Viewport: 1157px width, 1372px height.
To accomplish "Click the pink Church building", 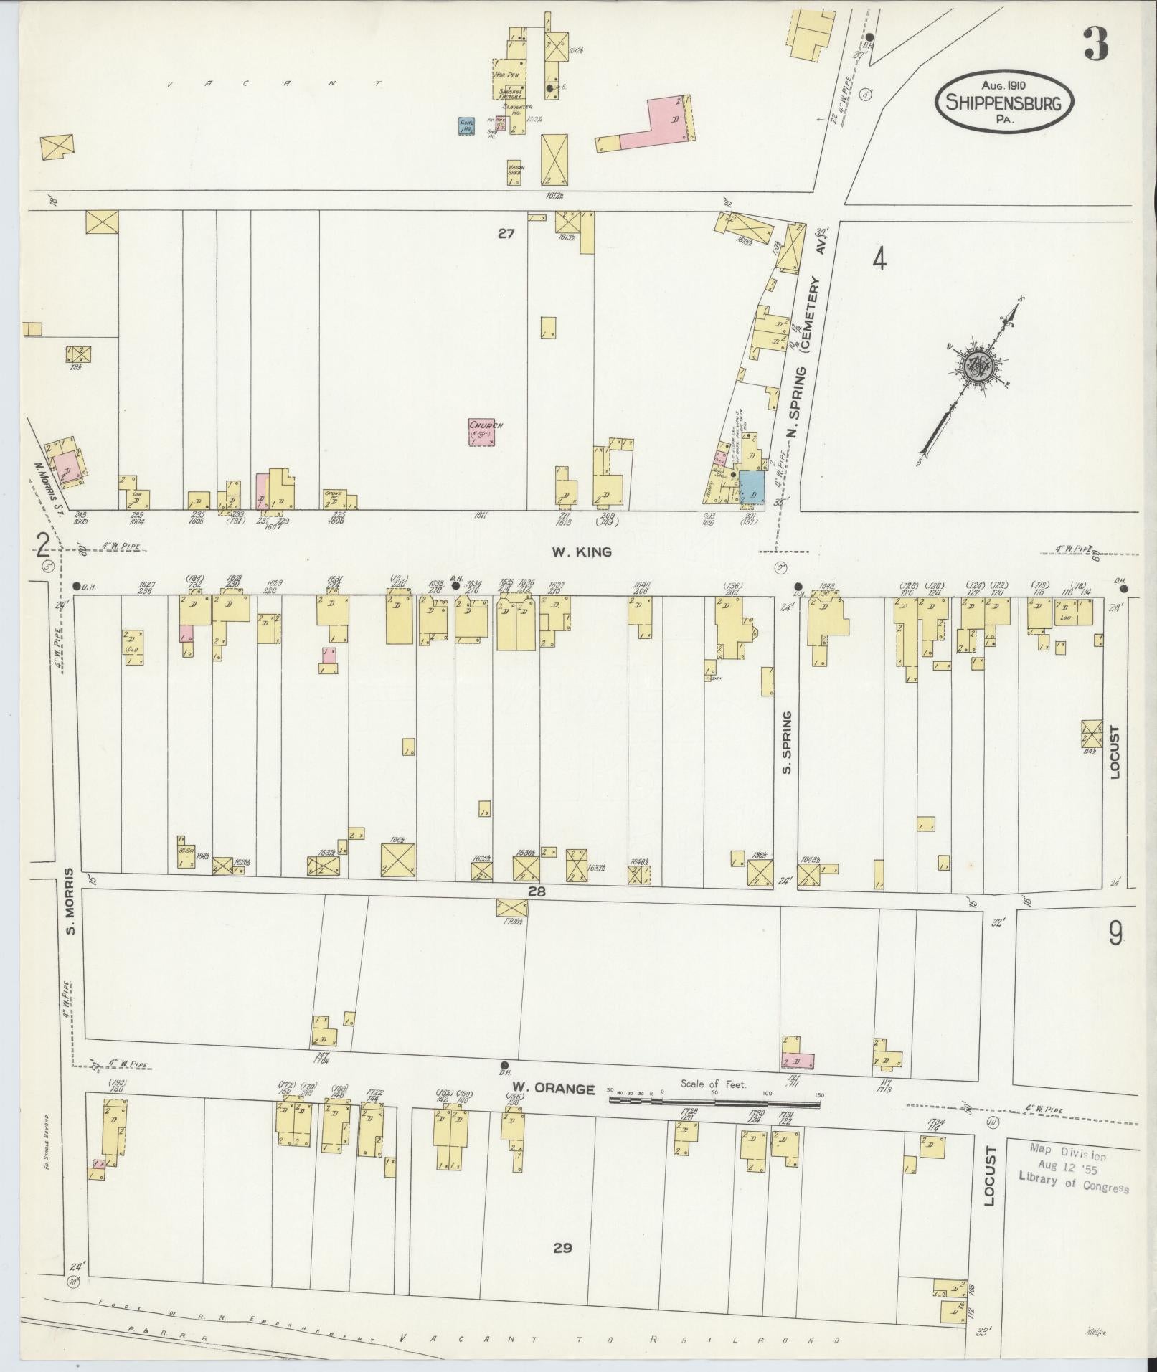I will click(x=481, y=432).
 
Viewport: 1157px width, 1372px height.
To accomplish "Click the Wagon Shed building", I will click(x=515, y=173).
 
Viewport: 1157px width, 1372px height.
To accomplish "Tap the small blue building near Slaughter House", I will click(x=467, y=126).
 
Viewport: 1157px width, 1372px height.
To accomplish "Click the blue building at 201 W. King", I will click(x=753, y=487).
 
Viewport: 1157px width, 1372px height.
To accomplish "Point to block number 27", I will click(x=507, y=233).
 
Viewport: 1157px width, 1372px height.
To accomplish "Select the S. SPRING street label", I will click(x=786, y=742).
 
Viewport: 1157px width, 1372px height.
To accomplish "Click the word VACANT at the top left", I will click(x=273, y=85).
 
